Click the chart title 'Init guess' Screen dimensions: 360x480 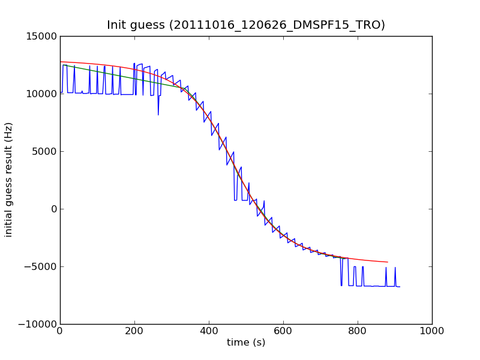pos(136,25)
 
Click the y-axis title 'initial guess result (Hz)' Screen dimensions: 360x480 pos(9,179)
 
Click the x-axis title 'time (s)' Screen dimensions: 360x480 pos(246,343)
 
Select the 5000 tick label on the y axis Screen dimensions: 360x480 pos(46,152)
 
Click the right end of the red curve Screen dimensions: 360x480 pos(388,262)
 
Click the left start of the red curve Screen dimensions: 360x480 pos(61,62)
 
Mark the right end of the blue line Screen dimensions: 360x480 pos(400,287)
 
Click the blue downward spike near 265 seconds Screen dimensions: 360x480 pos(158,114)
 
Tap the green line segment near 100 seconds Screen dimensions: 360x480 pos(97,73)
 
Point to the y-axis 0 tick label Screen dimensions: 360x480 pos(53,209)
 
